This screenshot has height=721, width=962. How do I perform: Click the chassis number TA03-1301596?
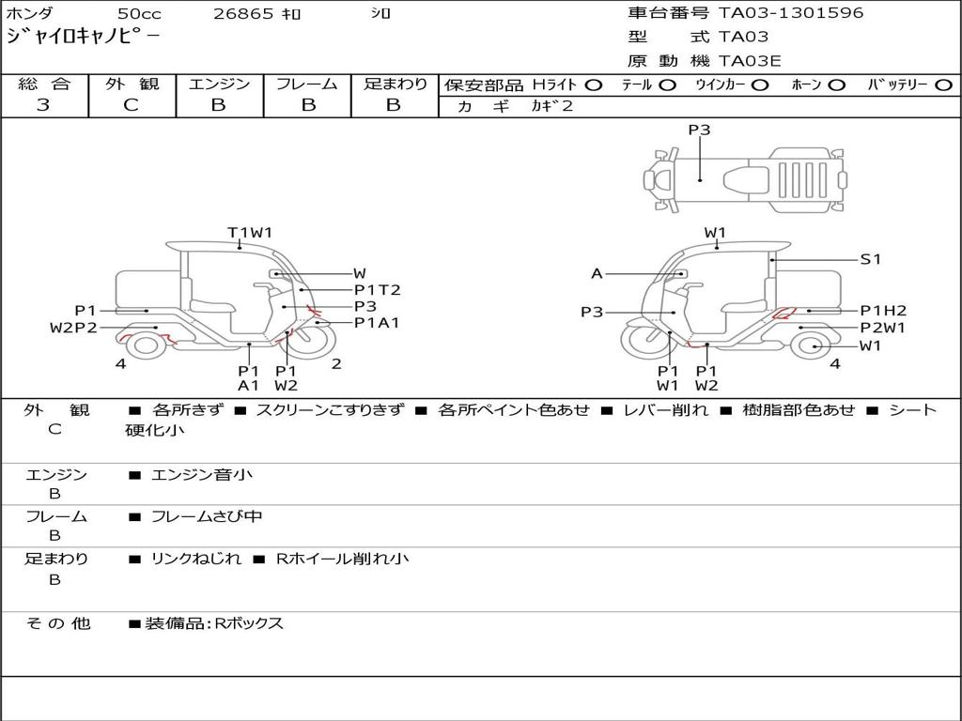(791, 13)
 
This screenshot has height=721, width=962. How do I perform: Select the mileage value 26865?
(243, 13)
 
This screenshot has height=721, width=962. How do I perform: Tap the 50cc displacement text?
(139, 13)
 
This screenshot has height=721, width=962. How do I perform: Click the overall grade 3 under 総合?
(43, 105)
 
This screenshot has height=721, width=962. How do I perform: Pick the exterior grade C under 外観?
(131, 105)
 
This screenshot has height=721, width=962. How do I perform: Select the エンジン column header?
(219, 84)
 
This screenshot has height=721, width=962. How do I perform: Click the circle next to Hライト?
(594, 85)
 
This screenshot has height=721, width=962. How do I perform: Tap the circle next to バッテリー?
(943, 85)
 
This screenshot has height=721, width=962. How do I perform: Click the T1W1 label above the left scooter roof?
(250, 233)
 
